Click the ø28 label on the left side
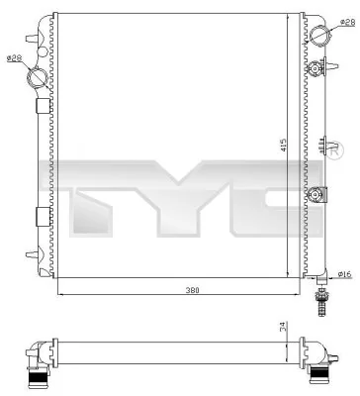[15, 58]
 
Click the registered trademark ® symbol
[336, 154]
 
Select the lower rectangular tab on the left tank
[41, 215]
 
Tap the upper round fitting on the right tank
[317, 69]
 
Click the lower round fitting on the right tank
[317, 195]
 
